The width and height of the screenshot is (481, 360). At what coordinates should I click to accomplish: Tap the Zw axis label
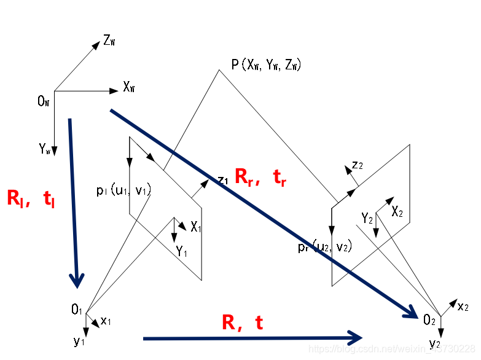(x=110, y=41)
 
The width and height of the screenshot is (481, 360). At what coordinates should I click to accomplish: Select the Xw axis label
(x=129, y=88)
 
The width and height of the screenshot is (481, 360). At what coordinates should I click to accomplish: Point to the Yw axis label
(x=44, y=148)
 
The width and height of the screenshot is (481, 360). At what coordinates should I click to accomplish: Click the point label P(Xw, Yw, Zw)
(x=265, y=65)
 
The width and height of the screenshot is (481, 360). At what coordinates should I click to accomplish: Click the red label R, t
(x=243, y=323)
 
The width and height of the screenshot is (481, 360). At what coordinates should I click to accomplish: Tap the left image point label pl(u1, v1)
(x=123, y=191)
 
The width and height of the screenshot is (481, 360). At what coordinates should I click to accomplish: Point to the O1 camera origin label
(x=77, y=310)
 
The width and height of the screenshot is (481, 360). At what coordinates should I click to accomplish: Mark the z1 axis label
(x=223, y=179)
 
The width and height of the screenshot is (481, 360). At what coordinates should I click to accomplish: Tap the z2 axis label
(x=358, y=165)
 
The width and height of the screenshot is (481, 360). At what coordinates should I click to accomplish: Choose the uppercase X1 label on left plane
(x=196, y=227)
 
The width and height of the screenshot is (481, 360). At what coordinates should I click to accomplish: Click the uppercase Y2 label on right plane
(x=367, y=218)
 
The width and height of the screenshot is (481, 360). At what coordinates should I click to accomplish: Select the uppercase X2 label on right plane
(x=397, y=211)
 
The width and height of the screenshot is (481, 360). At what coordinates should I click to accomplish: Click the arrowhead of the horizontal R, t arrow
(x=354, y=337)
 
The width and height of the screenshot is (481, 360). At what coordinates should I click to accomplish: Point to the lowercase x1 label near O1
(x=106, y=320)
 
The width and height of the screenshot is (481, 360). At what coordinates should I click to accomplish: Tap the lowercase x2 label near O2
(x=463, y=305)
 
